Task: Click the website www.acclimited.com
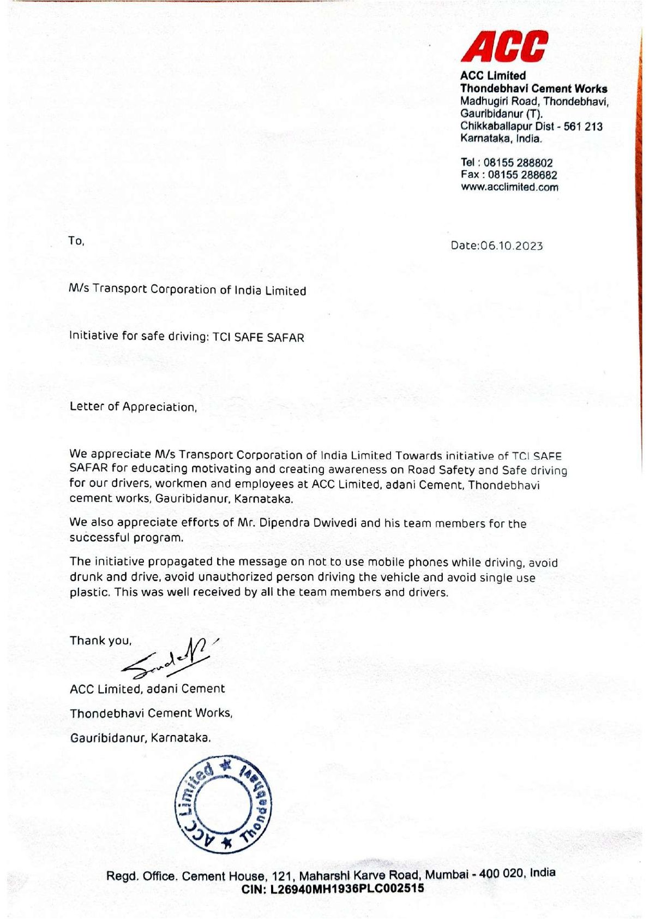[x=509, y=187]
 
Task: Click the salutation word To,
[x=76, y=241]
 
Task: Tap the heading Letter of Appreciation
[x=133, y=407]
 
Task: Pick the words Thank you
[x=100, y=641]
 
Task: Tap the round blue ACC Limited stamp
[x=223, y=804]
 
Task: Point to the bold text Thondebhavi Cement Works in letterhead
[x=533, y=88]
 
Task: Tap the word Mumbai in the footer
[x=447, y=874]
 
